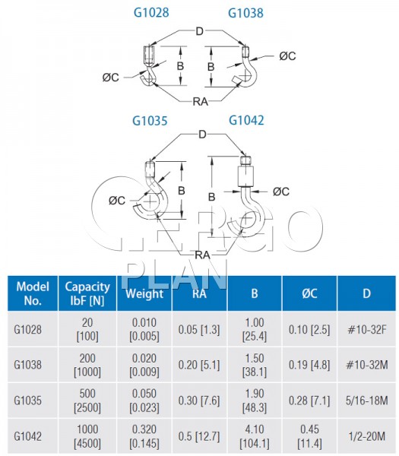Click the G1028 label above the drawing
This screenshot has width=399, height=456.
coord(151,12)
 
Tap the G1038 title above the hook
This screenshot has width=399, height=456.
coord(245,13)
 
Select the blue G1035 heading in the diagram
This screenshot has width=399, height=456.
coord(150,121)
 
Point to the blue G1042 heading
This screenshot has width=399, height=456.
coord(246,120)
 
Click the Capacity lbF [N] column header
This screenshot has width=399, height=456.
coord(87,293)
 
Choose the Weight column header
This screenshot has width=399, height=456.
coord(144,293)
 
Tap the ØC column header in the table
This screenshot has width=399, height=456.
coord(309,293)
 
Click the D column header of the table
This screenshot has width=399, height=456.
coord(367,293)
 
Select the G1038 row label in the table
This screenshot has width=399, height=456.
coord(27,365)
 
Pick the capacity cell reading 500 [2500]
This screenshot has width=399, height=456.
coord(87,401)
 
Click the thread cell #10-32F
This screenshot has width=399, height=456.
coord(367,330)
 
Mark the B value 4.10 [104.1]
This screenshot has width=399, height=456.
coord(255,436)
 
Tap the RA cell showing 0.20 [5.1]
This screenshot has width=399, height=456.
coord(199,365)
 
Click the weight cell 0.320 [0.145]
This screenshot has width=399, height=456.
coord(144,436)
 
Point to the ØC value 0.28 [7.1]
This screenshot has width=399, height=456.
coord(309,401)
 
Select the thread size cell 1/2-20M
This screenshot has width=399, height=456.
coord(367,436)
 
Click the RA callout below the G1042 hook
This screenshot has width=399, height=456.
coord(202,255)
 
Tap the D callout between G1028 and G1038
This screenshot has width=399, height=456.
coord(199,31)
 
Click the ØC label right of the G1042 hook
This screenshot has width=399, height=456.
coord(281,192)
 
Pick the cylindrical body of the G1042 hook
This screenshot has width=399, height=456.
coord(245,176)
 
